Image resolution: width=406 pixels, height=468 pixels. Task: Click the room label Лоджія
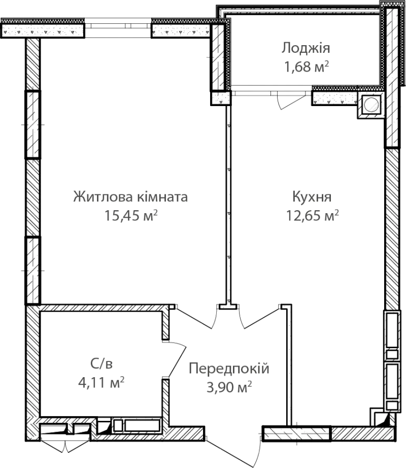(x=306, y=48)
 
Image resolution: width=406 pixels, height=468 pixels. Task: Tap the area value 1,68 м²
(x=307, y=66)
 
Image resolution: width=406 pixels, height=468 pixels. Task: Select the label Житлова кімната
(x=130, y=197)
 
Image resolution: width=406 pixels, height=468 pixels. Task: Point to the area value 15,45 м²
(x=130, y=215)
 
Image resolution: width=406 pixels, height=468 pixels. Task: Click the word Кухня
(x=312, y=197)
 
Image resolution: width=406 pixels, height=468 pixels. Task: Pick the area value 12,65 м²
(x=312, y=215)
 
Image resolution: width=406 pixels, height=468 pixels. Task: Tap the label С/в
(x=101, y=363)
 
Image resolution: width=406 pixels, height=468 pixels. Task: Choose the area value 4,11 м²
(x=101, y=382)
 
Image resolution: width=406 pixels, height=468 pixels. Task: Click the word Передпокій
(x=229, y=369)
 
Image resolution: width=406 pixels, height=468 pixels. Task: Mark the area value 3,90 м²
(x=229, y=387)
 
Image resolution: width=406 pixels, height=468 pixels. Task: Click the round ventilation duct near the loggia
(x=371, y=105)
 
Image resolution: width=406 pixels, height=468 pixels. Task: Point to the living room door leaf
(x=193, y=317)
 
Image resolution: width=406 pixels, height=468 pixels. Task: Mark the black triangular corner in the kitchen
(x=383, y=421)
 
